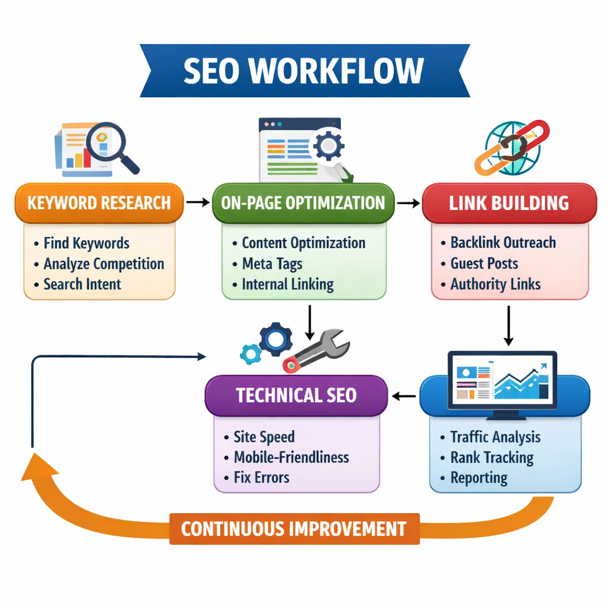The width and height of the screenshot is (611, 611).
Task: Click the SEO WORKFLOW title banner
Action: [304, 70]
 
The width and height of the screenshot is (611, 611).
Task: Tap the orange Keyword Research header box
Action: [98, 203]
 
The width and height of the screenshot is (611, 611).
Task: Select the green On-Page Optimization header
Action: [303, 203]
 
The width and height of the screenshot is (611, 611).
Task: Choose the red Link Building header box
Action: [509, 203]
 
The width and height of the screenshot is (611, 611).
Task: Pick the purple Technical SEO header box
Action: [296, 395]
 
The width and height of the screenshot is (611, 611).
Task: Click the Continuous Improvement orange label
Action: [294, 529]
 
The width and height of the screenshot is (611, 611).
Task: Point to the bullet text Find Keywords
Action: [86, 243]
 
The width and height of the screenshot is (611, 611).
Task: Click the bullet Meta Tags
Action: [272, 264]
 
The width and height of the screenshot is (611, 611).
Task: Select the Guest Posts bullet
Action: [484, 264]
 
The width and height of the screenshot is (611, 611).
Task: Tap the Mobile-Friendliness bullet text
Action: [291, 458]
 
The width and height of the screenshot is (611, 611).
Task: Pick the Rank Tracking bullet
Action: [492, 458]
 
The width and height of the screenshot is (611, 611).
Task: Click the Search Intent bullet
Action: [82, 284]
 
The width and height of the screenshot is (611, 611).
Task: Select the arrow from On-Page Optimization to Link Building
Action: [408, 203]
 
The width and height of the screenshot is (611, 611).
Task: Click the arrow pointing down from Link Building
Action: [508, 326]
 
